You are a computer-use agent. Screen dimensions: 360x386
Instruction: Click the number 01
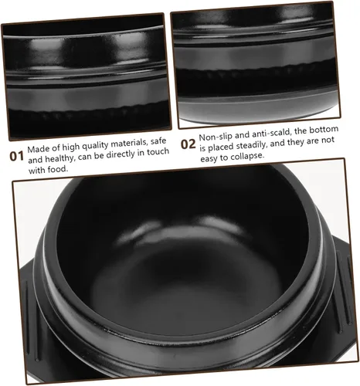tap(17, 156)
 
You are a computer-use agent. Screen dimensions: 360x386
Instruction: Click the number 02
tap(188, 144)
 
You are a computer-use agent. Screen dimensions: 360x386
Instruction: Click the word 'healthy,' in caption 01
tap(60, 158)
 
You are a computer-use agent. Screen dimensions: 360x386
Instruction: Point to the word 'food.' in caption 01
tap(56, 169)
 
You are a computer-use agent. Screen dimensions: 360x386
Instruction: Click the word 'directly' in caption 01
tap(121, 154)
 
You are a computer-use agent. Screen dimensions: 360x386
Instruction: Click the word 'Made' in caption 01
tap(36, 149)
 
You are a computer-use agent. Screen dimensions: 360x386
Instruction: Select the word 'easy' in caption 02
tap(209, 159)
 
